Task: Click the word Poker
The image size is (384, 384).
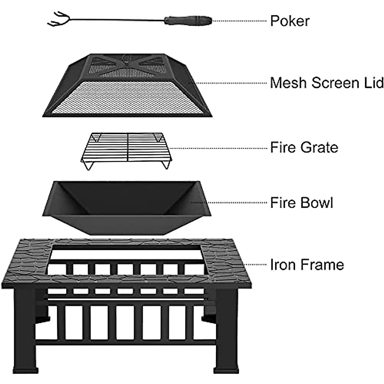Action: pyautogui.click(x=290, y=21)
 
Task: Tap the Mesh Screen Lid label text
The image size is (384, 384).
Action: pyautogui.click(x=326, y=83)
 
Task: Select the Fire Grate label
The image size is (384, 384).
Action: pyautogui.click(x=304, y=148)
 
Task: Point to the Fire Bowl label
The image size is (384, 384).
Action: pyautogui.click(x=301, y=203)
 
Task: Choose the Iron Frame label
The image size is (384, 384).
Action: pyautogui.click(x=307, y=265)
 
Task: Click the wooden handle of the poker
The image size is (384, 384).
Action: pyautogui.click(x=187, y=21)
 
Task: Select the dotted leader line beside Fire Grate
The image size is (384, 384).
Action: pyautogui.click(x=218, y=148)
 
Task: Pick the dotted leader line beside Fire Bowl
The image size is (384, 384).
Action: pyautogui.click(x=229, y=203)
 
